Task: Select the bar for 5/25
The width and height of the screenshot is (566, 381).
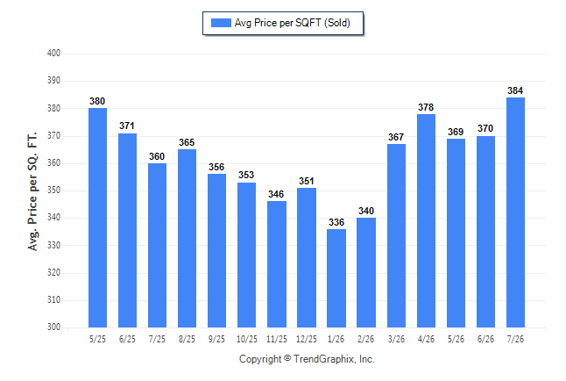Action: (x=97, y=218)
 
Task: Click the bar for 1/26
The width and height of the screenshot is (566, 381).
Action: (x=336, y=278)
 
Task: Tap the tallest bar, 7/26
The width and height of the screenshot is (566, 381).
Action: (x=515, y=212)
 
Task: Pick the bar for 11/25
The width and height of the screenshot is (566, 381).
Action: (x=277, y=264)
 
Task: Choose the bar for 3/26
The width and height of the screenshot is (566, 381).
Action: (x=396, y=235)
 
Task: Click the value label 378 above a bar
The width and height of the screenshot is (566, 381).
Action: (x=426, y=107)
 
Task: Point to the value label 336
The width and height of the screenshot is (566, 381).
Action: (x=336, y=222)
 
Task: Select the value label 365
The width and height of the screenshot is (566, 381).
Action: (x=187, y=142)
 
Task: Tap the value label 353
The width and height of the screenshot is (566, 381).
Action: (x=246, y=175)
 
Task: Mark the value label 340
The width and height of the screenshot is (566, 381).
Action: (x=366, y=211)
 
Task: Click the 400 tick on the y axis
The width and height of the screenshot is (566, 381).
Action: (x=53, y=53)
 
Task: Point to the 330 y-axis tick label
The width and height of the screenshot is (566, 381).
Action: (x=53, y=245)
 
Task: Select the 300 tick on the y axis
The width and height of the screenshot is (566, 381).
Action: (x=53, y=327)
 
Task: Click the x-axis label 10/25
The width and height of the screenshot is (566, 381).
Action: (x=247, y=339)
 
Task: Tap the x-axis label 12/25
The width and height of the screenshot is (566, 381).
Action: (x=307, y=339)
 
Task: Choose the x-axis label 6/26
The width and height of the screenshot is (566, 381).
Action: (x=485, y=339)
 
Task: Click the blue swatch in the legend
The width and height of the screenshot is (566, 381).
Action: (x=221, y=23)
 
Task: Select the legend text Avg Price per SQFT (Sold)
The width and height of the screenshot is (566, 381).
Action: (x=293, y=23)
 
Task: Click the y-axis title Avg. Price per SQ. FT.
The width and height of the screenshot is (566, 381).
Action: (x=32, y=191)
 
